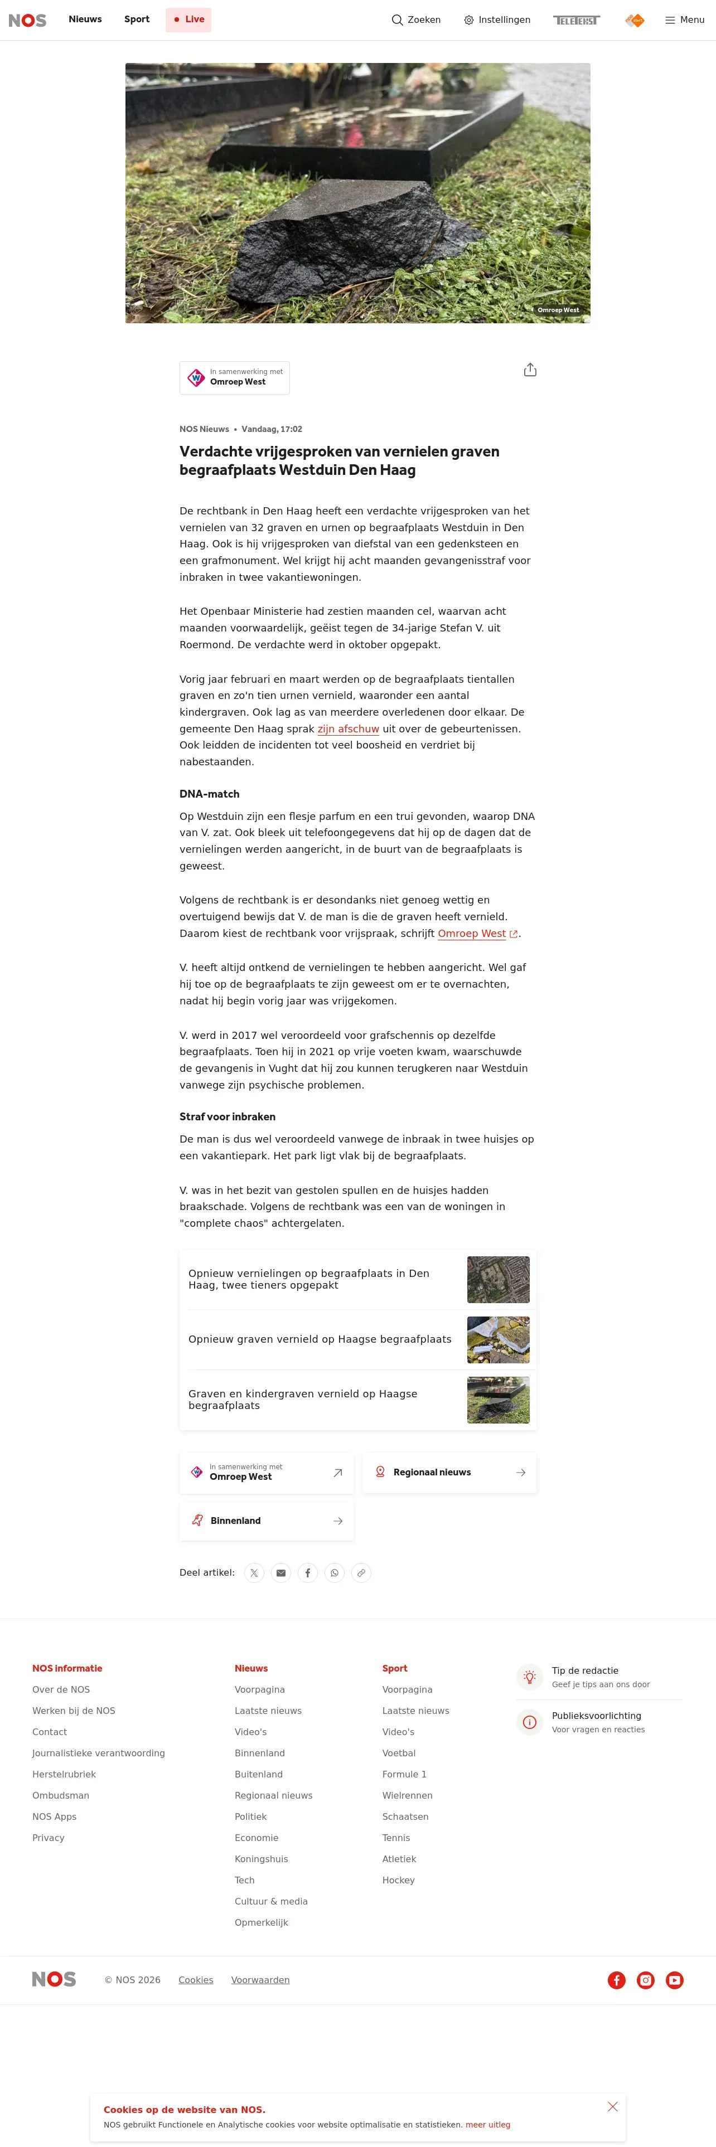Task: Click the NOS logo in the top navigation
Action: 27,20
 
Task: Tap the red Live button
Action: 188,20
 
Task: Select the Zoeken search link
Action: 416,20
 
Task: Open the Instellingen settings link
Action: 497,20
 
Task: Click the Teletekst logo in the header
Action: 576,20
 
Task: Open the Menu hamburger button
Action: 684,20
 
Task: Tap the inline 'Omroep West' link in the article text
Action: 472,934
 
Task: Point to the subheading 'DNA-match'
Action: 209,794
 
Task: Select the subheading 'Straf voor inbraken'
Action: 228,1117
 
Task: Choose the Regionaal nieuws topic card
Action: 449,1473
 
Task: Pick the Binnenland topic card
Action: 267,1521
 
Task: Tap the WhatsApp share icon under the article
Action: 334,1573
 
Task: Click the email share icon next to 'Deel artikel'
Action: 281,1573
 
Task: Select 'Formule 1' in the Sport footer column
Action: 404,1775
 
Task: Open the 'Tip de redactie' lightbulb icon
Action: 529,1677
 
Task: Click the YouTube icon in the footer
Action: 674,1980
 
